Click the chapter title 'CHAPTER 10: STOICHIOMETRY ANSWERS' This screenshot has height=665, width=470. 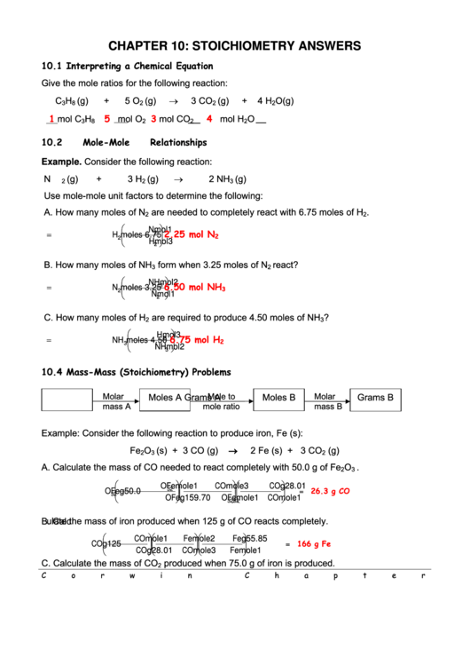click(234, 45)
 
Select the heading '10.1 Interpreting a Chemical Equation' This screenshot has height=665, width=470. click(128, 67)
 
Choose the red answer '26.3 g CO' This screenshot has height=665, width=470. click(330, 490)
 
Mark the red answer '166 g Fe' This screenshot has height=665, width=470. click(313, 543)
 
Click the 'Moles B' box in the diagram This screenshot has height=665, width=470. click(279, 398)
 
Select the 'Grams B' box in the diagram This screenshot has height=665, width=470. click(375, 398)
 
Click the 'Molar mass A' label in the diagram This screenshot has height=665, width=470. click(116, 401)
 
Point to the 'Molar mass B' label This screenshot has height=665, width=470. click(326, 401)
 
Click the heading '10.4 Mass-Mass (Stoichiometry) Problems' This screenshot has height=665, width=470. click(136, 372)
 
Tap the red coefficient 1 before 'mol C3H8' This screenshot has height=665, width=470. click(51, 119)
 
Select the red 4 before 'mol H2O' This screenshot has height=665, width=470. click(209, 119)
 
